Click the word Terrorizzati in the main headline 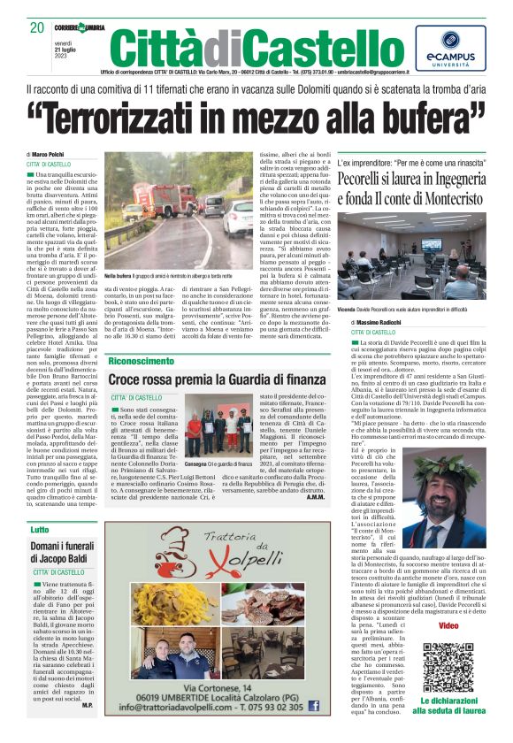point(159,111)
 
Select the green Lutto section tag point(40,529)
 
